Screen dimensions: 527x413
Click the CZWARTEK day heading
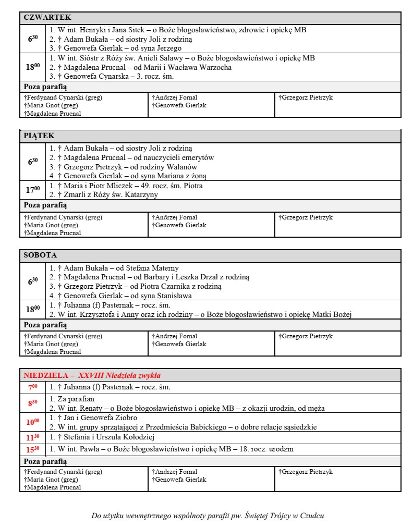(x=47, y=17)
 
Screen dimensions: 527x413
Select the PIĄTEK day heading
(x=39, y=136)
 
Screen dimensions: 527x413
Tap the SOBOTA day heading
(x=40, y=255)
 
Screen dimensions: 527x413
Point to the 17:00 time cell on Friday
(x=33, y=190)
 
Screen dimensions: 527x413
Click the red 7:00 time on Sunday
(x=33, y=387)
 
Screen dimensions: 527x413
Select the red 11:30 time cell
(x=33, y=437)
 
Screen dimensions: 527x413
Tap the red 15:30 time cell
(x=33, y=449)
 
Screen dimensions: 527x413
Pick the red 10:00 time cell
(x=33, y=422)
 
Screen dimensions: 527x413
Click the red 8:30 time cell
(x=33, y=403)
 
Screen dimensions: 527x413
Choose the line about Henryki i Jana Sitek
(x=178, y=30)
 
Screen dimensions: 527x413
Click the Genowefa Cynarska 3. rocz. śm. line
(x=115, y=76)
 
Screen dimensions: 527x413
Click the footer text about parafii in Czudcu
(x=208, y=516)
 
